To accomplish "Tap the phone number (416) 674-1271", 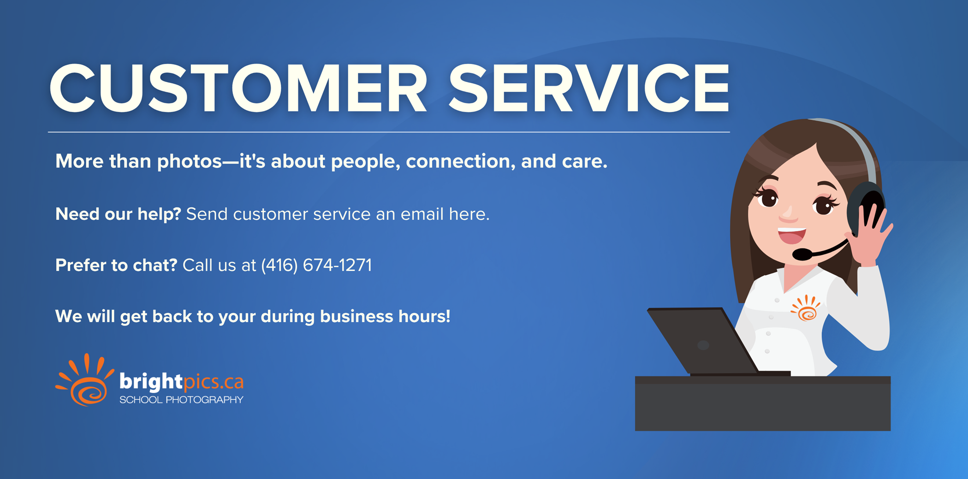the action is tap(316, 265).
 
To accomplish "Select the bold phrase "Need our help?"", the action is tap(118, 214).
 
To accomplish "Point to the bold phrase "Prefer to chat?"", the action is tap(116, 265).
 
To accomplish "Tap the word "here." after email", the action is tap(469, 214).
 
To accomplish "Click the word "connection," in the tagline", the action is tap(461, 161).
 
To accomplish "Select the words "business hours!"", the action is tap(385, 316).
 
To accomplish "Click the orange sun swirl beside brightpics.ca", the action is tap(85, 380).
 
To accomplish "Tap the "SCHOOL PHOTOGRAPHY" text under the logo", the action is tap(181, 400).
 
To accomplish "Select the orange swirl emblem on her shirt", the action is tap(805, 308).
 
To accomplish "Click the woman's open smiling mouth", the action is tap(791, 235).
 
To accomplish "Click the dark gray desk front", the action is tap(763, 403).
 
